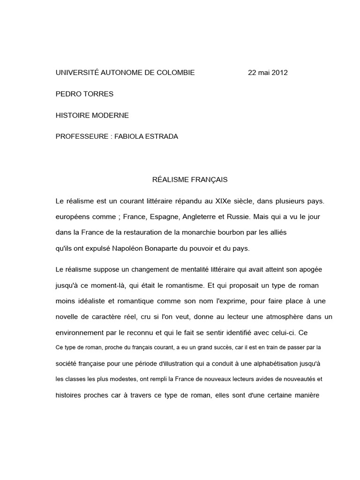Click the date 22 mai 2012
(x=268, y=73)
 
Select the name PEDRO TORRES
(x=84, y=94)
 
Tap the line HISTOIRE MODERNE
(x=92, y=115)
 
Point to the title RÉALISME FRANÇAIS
(x=190, y=180)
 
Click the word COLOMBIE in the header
(x=175, y=73)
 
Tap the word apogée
(x=309, y=270)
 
